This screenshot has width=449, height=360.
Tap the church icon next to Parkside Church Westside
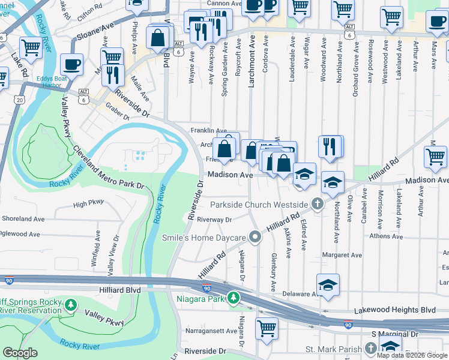318,205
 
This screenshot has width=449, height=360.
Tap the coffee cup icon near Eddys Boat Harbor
71,64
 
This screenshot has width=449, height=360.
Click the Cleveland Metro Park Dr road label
109,174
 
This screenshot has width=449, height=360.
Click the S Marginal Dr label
394,334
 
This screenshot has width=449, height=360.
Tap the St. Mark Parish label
333,349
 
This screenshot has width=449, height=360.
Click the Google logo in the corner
20,353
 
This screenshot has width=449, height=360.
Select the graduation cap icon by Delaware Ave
328,285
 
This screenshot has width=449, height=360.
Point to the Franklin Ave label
208,131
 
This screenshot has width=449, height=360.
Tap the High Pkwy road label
88,204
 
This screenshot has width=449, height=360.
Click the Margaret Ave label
342,255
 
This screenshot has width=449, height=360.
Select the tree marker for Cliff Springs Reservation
71,305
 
